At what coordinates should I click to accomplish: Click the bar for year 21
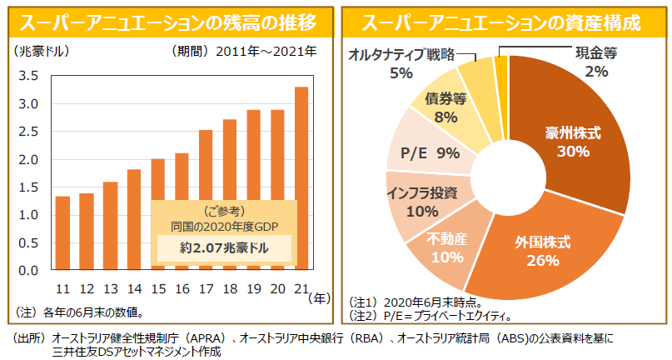(301, 178)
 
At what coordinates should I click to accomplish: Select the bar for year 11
(62, 233)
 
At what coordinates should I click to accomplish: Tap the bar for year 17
(205, 200)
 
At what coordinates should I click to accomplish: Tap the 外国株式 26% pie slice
(541, 251)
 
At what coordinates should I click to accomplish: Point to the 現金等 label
(596, 53)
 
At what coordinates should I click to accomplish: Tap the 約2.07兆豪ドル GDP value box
(225, 248)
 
